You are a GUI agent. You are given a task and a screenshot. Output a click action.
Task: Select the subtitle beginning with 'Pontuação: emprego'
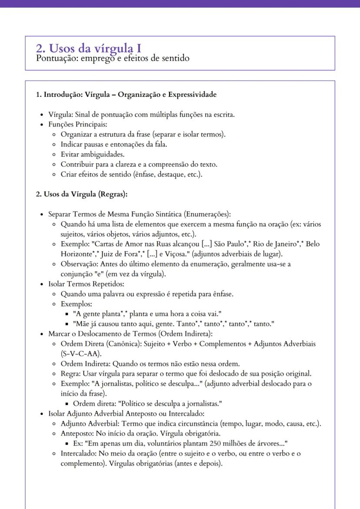[113, 58]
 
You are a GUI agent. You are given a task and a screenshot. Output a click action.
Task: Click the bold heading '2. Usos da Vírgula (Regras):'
[81, 194]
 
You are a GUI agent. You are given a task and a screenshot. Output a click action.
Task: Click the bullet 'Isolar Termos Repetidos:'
[86, 284]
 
